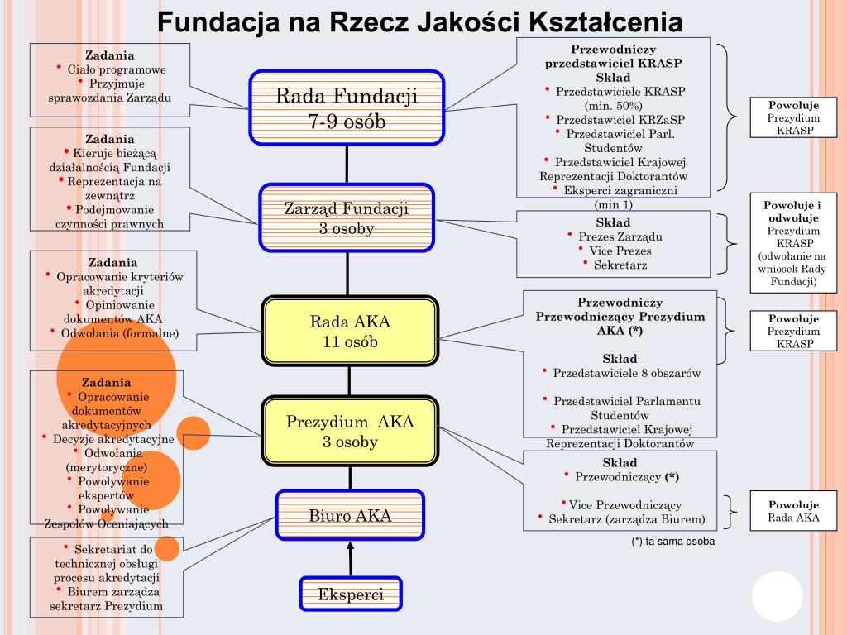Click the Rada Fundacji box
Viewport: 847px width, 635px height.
tap(347, 108)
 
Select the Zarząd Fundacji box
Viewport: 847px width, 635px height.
tap(347, 217)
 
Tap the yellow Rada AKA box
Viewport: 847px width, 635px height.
tap(349, 331)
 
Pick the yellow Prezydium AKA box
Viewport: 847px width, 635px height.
tap(350, 432)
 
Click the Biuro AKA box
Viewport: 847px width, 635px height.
tap(350, 517)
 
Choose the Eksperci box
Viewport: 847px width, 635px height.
tap(351, 594)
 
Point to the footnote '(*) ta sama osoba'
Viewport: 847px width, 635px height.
tap(672, 542)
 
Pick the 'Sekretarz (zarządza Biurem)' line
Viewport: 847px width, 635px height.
tap(626, 519)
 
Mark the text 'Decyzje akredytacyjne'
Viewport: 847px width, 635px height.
tap(112, 439)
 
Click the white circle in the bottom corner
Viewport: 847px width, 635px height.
tap(777, 597)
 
